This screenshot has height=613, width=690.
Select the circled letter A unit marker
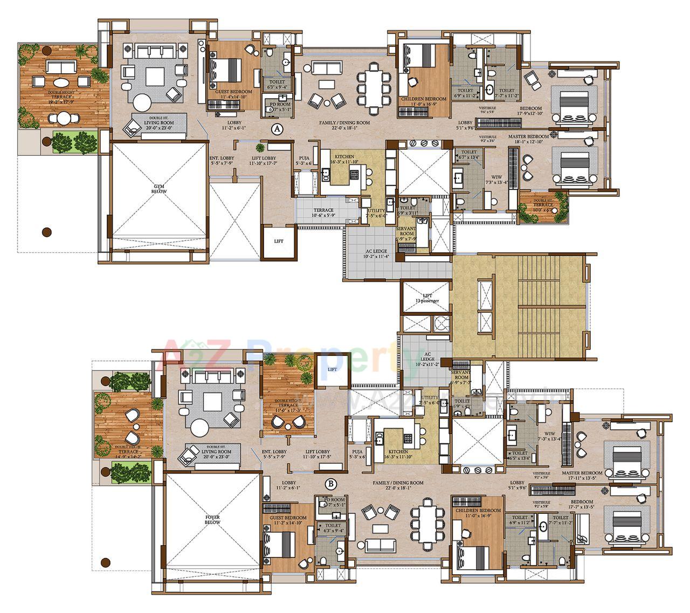pyautogui.click(x=277, y=129)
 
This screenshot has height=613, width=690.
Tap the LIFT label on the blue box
pyautogui.click(x=332, y=369)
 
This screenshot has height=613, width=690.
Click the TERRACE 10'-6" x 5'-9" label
pyautogui.click(x=323, y=213)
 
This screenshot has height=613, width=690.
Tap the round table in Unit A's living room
pyautogui.click(x=143, y=102)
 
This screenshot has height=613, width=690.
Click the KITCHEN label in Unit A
pyautogui.click(x=342, y=159)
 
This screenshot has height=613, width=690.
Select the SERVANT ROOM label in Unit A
pyautogui.click(x=407, y=232)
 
